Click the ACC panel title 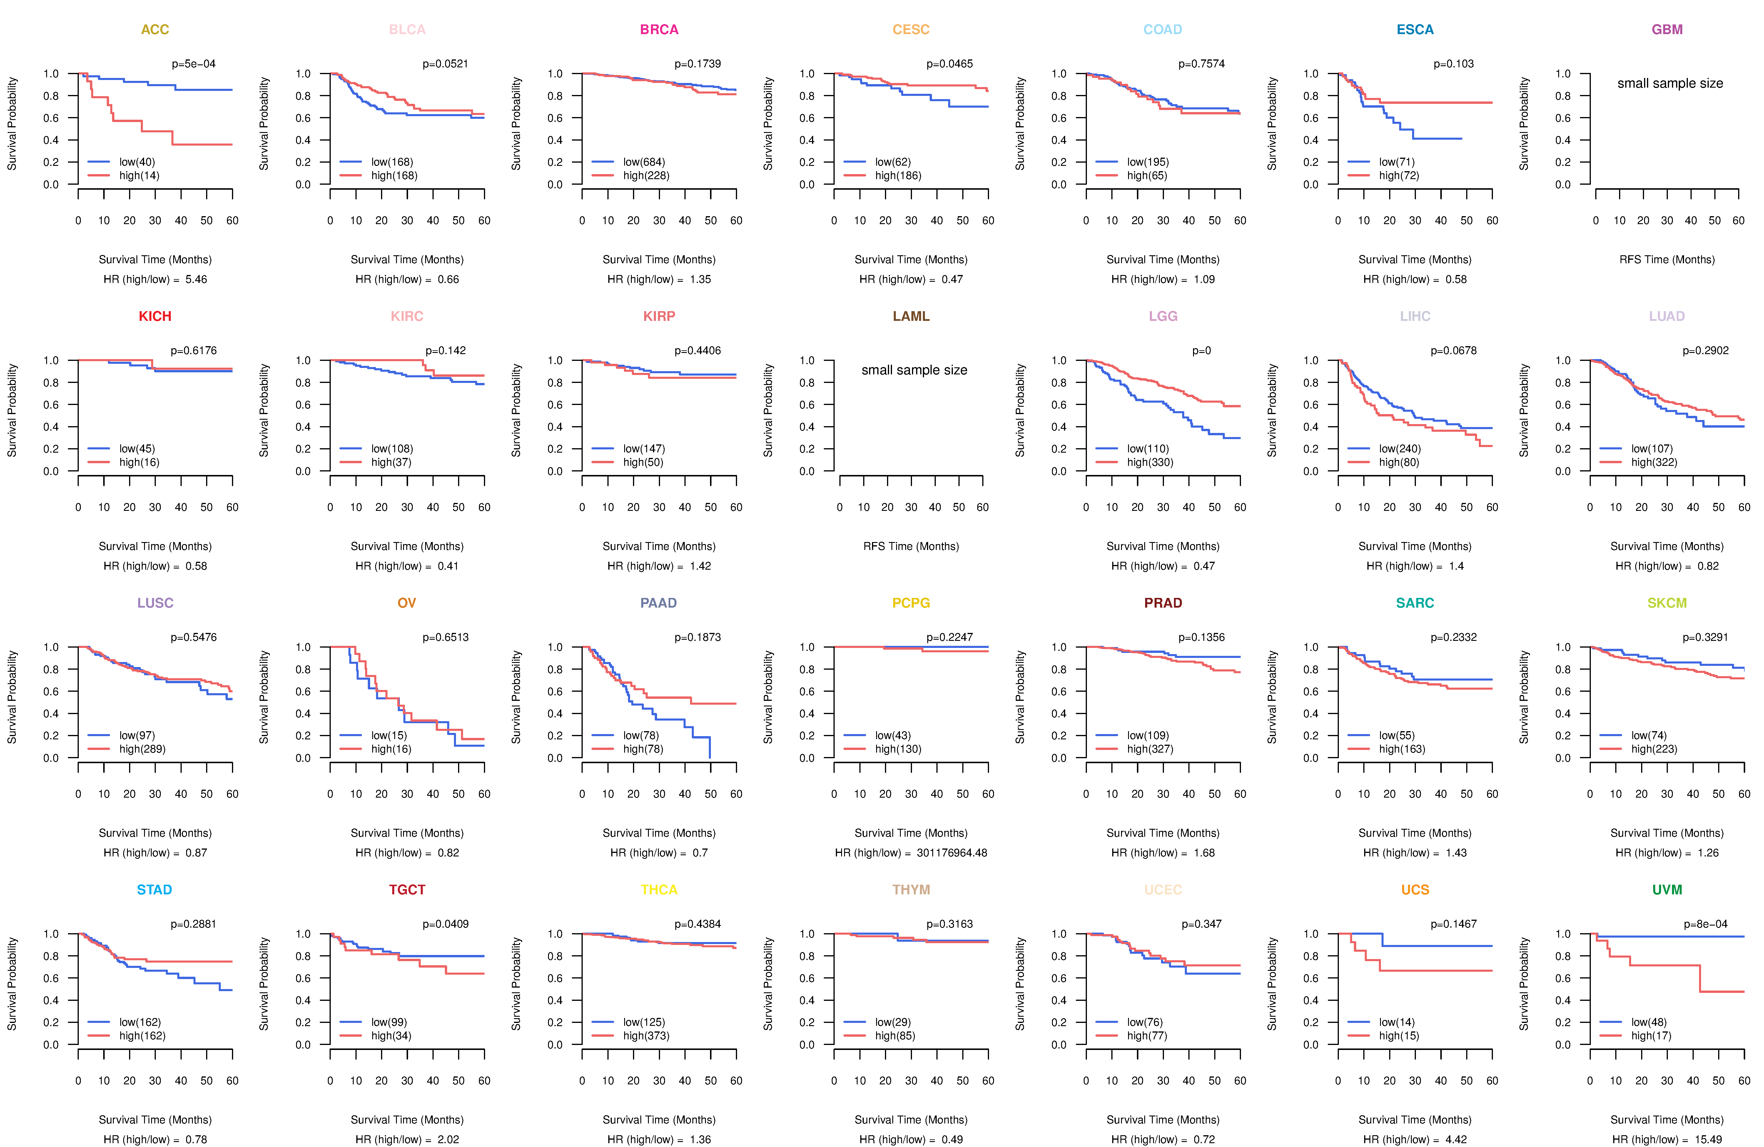tap(155, 30)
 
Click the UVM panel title tap(1667, 890)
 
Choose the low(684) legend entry tap(643, 162)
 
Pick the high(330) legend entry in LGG tap(1150, 462)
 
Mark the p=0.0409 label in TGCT tap(445, 924)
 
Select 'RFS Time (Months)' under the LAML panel tap(911, 546)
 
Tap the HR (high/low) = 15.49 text tap(1667, 1140)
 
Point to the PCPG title tap(911, 603)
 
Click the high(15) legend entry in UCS tap(1399, 1036)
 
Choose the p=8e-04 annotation tap(1705, 924)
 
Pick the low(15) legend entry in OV tap(388, 736)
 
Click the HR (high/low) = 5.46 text tap(155, 279)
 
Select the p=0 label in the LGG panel tap(1202, 351)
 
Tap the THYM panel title tap(911, 890)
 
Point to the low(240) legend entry tap(1399, 449)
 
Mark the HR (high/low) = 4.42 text tap(1415, 1140)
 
